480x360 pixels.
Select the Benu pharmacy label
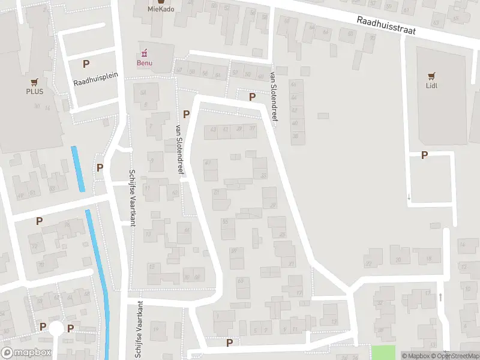145,62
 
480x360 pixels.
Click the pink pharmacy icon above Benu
145,52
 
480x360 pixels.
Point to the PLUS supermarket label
34,92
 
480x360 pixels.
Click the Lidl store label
431,85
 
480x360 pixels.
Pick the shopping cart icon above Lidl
431,76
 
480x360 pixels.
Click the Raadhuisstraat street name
386,25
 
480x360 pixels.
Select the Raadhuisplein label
96,79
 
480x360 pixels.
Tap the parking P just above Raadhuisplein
86,64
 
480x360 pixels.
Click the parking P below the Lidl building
425,155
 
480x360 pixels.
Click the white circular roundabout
56,328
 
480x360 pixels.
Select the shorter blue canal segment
78,169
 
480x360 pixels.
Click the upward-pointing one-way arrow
441,297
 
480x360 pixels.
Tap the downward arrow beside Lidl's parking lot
409,196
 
